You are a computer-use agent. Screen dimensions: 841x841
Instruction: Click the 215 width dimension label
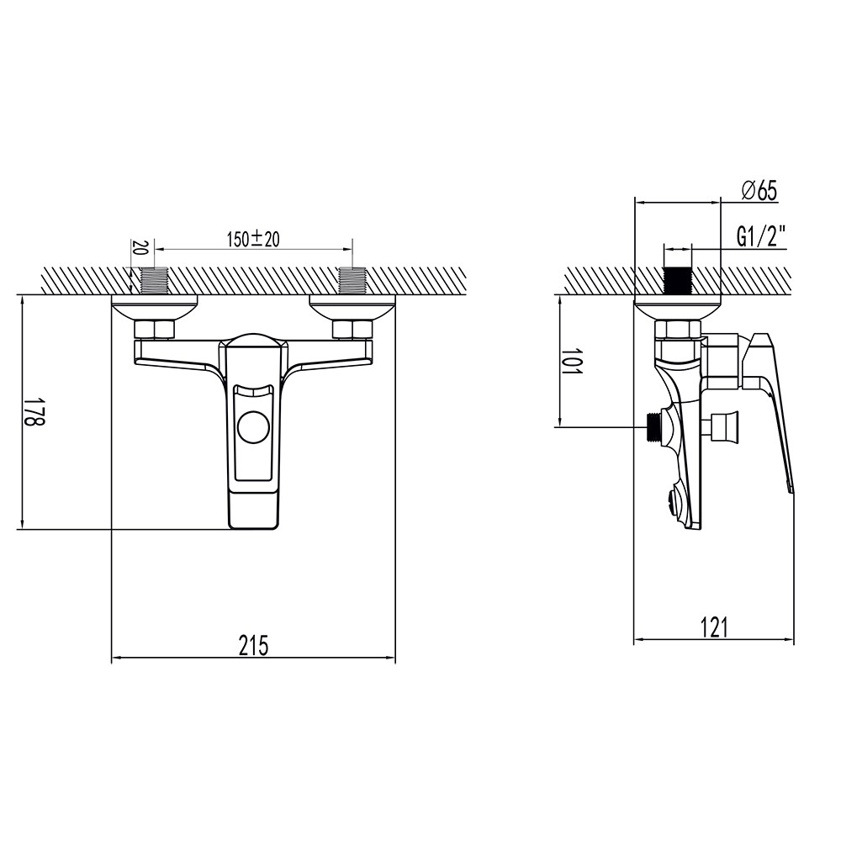pyautogui.click(x=253, y=646)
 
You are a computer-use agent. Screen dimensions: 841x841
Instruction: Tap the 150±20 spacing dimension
pyautogui.click(x=253, y=240)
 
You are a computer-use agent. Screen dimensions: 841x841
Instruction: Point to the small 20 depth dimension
pyautogui.click(x=140, y=248)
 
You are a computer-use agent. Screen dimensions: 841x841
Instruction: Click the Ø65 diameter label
pyautogui.click(x=759, y=191)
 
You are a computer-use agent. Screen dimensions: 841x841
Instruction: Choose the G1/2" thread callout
pyautogui.click(x=761, y=237)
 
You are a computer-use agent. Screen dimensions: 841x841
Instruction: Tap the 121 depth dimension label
pyautogui.click(x=713, y=627)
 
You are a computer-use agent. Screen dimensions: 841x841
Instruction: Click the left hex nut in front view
pyautogui.click(x=155, y=329)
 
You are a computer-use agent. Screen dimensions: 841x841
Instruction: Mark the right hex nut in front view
pyautogui.click(x=352, y=329)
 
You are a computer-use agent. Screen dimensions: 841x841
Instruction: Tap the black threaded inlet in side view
pyautogui.click(x=677, y=280)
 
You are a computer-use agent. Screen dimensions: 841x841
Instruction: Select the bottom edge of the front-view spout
pyautogui.click(x=253, y=528)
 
